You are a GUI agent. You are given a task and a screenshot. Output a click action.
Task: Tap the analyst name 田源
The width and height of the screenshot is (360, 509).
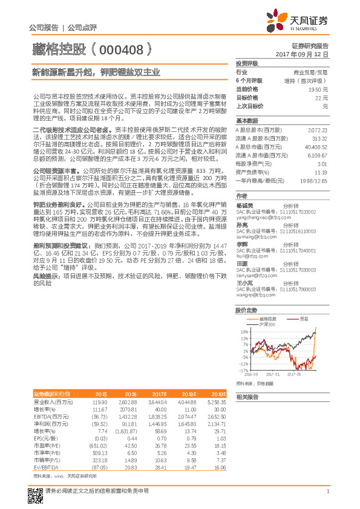tap(241, 264)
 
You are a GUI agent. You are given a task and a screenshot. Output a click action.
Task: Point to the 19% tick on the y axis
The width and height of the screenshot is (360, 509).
tap(243, 332)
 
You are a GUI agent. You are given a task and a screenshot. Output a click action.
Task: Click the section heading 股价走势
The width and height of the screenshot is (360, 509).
tap(245, 310)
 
